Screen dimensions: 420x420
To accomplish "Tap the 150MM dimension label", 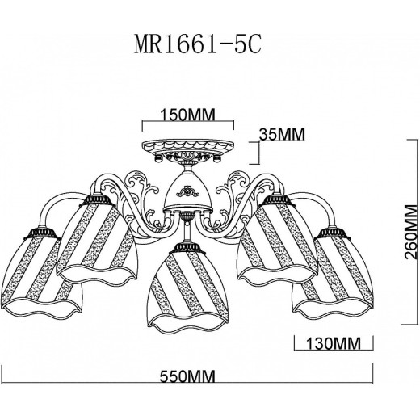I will [x=187, y=115].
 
